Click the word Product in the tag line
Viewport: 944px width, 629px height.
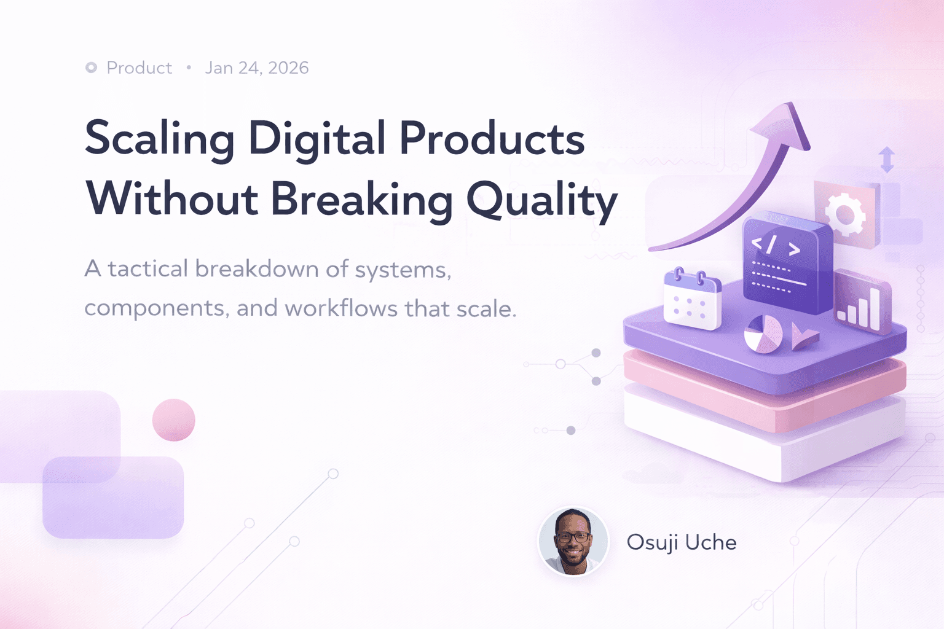[x=139, y=68]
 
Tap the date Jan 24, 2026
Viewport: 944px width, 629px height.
[x=256, y=68]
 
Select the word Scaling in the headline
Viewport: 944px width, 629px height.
[x=159, y=139]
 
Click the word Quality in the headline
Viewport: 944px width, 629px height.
[x=541, y=200]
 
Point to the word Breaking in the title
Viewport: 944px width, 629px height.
[x=361, y=200]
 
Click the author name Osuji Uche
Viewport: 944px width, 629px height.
[x=681, y=542]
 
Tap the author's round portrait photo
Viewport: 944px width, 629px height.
[x=573, y=541]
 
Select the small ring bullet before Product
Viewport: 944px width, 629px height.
[x=91, y=68]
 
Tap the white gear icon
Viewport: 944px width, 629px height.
[x=844, y=214]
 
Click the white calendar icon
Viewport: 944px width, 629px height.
[x=692, y=300]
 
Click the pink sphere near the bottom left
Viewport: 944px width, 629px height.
[x=174, y=420]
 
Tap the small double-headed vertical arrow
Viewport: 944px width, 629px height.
[x=887, y=160]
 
